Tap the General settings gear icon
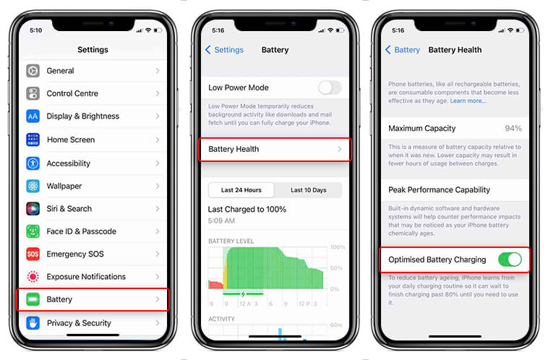pyautogui.click(x=33, y=71)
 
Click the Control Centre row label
pyautogui.click(x=72, y=93)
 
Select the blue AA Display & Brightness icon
pyautogui.click(x=33, y=116)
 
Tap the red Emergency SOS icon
pyautogui.click(x=33, y=254)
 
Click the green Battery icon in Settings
pyautogui.click(x=33, y=299)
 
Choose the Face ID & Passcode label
pyautogui.click(x=81, y=231)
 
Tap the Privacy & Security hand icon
pyautogui.click(x=33, y=322)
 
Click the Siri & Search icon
pyautogui.click(x=33, y=208)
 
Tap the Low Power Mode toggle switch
pyautogui.click(x=329, y=87)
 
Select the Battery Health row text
pyautogui.click(x=234, y=149)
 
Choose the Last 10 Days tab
pyautogui.click(x=308, y=190)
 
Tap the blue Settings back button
pyautogui.click(x=224, y=50)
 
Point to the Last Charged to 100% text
pyautogui.click(x=247, y=209)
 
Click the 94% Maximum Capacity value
pyautogui.click(x=513, y=128)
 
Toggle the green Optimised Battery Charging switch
pyautogui.click(x=509, y=259)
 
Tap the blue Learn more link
pyautogui.click(x=468, y=101)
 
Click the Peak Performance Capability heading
pyautogui.click(x=439, y=189)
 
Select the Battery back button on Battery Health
pyautogui.click(x=403, y=50)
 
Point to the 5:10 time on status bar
pyautogui.click(x=36, y=30)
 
